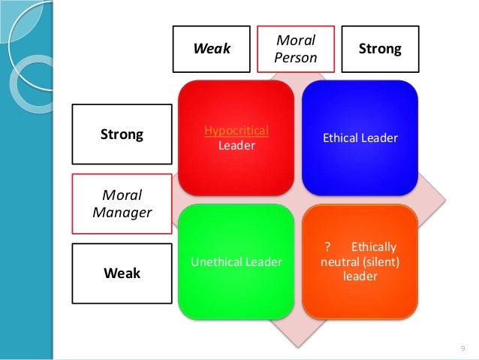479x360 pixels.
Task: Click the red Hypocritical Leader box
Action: pyautogui.click(x=236, y=137)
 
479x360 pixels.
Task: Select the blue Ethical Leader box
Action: pyautogui.click(x=360, y=137)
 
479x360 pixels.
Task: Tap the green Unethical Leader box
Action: pyautogui.click(x=236, y=261)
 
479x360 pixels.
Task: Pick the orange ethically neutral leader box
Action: pyautogui.click(x=360, y=261)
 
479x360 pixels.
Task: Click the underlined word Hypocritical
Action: pyautogui.click(x=236, y=131)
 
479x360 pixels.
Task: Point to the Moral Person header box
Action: pyautogui.click(x=296, y=48)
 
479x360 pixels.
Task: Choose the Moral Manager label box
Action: pyautogui.click(x=122, y=204)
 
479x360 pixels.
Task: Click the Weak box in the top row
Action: pyautogui.click(x=212, y=50)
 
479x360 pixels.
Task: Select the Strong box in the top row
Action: pyautogui.click(x=380, y=50)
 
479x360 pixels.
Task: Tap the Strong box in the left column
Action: pyautogui.click(x=122, y=135)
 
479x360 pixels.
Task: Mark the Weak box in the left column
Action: pyautogui.click(x=122, y=273)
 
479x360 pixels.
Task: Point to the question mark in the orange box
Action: pyautogui.click(x=327, y=247)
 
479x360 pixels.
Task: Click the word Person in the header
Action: pyautogui.click(x=296, y=56)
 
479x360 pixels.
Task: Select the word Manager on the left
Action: pyautogui.click(x=122, y=212)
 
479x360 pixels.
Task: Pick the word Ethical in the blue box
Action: pyautogui.click(x=341, y=138)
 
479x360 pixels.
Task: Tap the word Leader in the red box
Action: pyautogui.click(x=236, y=145)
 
